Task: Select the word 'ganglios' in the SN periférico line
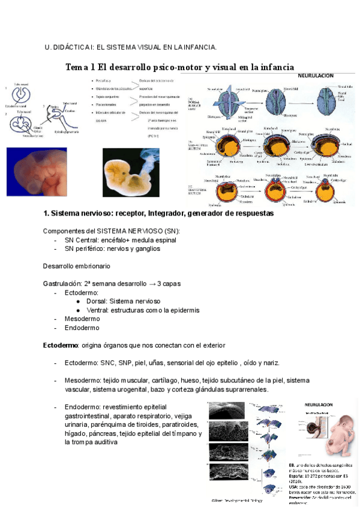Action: [147, 248]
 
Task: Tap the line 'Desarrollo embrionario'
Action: [76, 266]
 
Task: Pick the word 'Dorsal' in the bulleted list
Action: [97, 301]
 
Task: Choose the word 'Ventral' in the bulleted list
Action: [98, 310]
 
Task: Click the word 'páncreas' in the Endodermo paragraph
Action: [111, 433]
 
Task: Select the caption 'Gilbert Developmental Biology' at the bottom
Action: [237, 500]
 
